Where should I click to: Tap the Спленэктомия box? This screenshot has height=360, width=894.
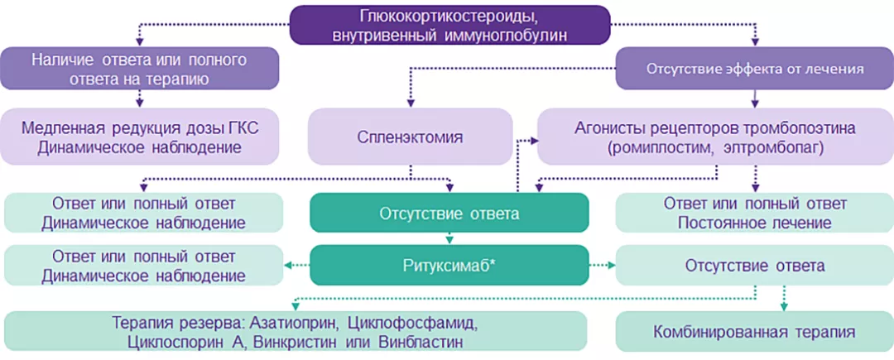click(411, 137)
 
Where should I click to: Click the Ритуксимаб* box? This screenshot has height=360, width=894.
click(449, 266)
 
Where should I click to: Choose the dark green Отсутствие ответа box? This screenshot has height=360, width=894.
click(449, 214)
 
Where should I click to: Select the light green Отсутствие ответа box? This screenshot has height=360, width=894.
click(754, 266)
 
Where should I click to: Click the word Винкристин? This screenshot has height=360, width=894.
click(291, 341)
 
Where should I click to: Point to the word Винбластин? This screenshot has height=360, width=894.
click(420, 341)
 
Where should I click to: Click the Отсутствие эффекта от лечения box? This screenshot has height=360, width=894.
click(754, 68)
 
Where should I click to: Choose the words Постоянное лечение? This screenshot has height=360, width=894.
click(754, 223)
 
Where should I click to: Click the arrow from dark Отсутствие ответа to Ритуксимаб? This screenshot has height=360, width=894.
click(449, 238)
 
